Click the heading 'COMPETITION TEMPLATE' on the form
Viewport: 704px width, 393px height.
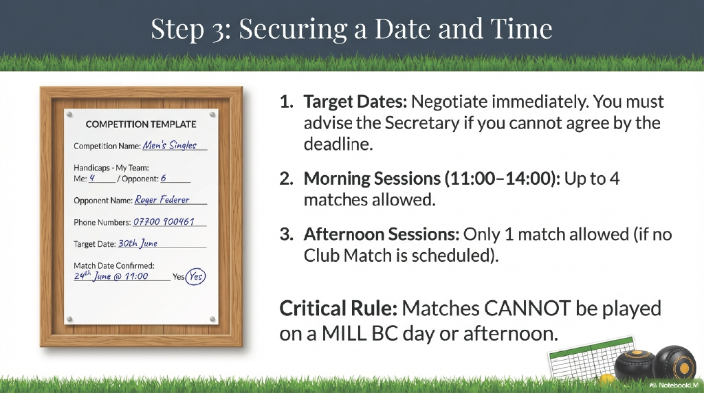click(x=141, y=124)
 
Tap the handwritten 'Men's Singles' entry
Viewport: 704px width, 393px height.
click(x=170, y=145)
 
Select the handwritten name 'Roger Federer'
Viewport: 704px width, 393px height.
click(x=162, y=200)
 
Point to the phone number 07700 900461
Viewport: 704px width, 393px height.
click(x=164, y=222)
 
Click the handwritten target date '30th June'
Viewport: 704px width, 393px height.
click(x=137, y=243)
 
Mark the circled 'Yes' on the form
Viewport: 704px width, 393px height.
click(x=196, y=276)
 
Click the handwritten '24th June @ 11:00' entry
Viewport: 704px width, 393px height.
click(x=111, y=276)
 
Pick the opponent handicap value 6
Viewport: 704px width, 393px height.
click(x=164, y=178)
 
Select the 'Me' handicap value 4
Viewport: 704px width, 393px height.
click(x=92, y=178)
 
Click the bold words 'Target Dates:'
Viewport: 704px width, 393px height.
click(x=355, y=102)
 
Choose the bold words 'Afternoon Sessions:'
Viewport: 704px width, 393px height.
click(x=381, y=234)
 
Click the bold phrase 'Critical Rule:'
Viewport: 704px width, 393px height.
click(x=338, y=308)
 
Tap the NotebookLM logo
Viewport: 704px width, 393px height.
click(x=674, y=385)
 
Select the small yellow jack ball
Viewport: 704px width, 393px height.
click(x=607, y=379)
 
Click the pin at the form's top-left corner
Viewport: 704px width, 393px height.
click(x=69, y=115)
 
